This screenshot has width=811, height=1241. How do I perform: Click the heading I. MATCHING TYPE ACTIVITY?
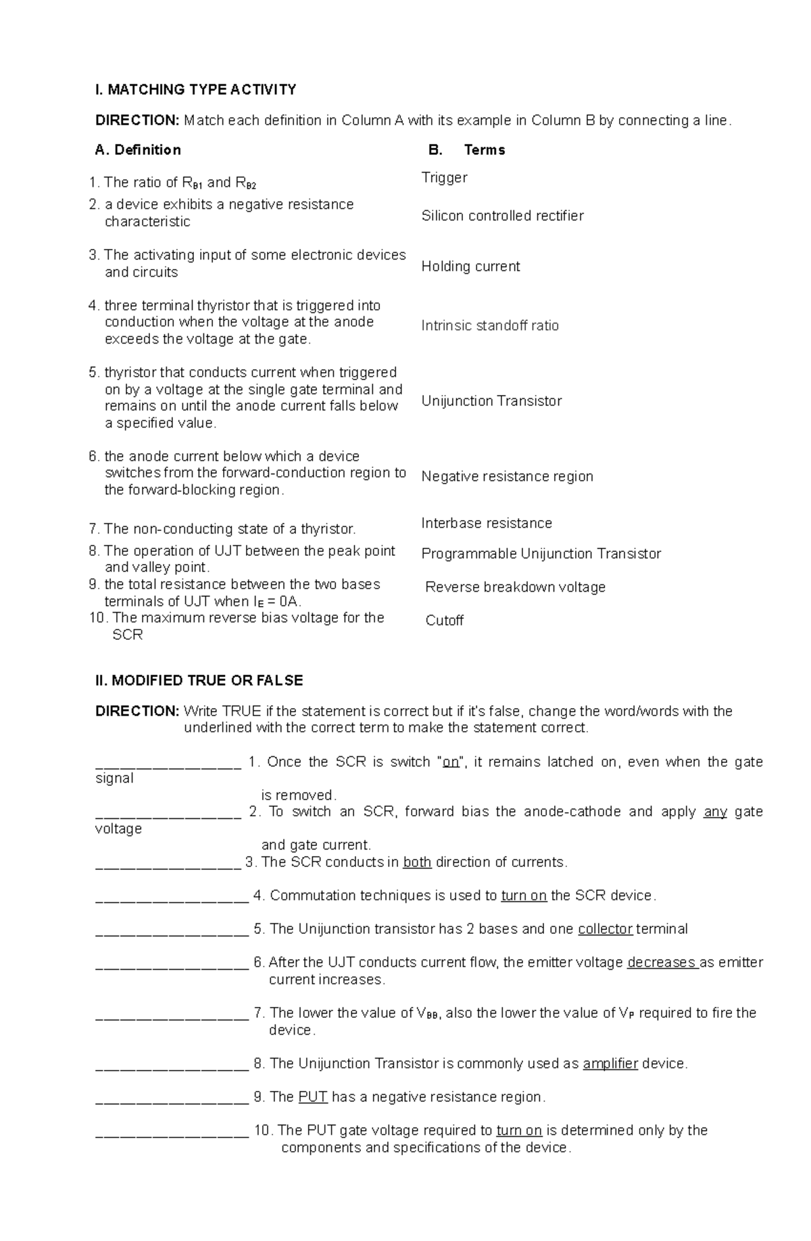pos(195,89)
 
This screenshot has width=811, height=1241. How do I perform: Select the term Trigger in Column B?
pos(444,178)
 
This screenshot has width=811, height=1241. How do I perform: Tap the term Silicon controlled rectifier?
pos(502,216)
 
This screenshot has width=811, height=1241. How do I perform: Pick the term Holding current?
pos(470,266)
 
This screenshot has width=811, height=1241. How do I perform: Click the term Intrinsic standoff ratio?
pos(490,326)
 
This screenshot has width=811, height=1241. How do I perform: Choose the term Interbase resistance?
pos(487,523)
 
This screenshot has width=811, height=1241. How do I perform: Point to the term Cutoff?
pos(444,621)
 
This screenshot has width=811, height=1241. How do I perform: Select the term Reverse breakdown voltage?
pos(515,588)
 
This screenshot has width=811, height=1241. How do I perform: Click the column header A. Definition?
pos(138,150)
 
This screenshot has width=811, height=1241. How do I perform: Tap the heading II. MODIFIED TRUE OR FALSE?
pos(199,680)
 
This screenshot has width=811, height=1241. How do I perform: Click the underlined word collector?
pos(605,929)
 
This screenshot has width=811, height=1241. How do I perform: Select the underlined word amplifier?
pos(610,1064)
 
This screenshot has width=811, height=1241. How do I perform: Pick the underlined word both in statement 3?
pos(417,862)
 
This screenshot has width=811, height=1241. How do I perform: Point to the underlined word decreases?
pos(662,962)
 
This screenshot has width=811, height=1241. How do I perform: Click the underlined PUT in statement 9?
pos(312,1097)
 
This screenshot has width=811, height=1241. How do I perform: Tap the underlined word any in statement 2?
pos(715,812)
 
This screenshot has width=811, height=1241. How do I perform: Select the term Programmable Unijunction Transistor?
pos(541,554)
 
